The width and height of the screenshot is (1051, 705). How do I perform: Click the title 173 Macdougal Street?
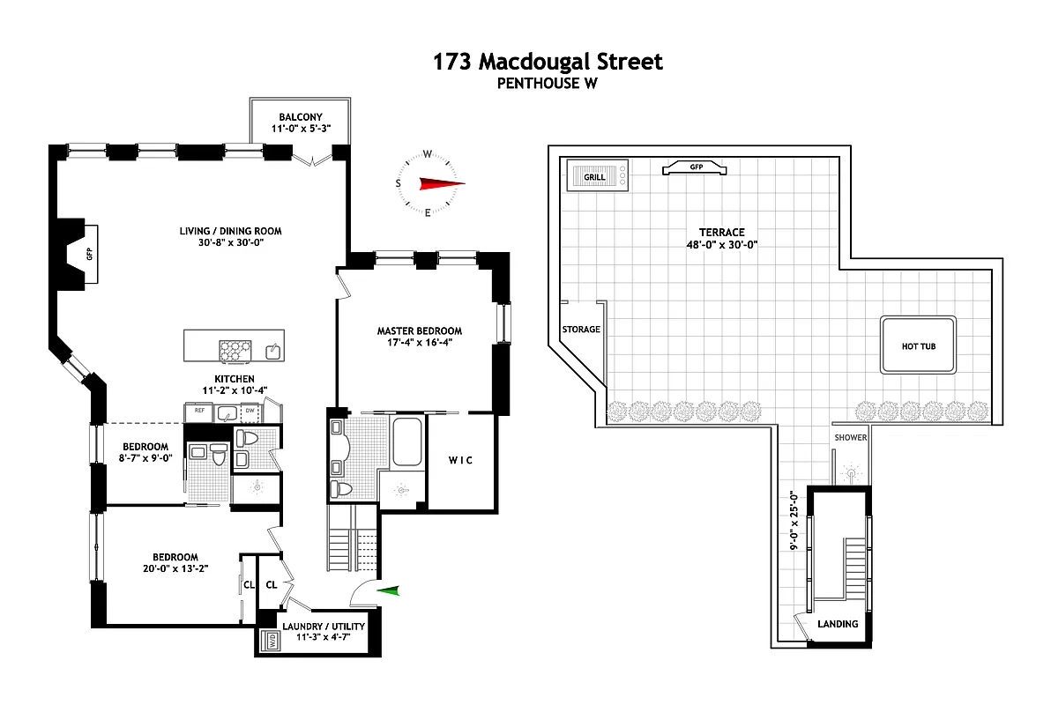pyautogui.click(x=547, y=62)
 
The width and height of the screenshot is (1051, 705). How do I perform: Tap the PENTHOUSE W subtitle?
pyautogui.click(x=547, y=84)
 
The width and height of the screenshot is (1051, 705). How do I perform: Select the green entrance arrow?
pyautogui.click(x=388, y=591)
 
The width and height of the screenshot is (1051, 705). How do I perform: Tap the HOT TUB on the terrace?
pyautogui.click(x=918, y=345)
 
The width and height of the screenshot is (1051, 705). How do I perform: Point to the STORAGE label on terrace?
pyautogui.click(x=581, y=330)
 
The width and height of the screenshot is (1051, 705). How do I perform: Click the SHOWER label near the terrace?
pyautogui.click(x=851, y=438)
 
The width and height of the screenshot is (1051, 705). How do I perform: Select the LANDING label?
pyautogui.click(x=837, y=624)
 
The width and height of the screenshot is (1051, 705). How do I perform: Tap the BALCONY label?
pyautogui.click(x=301, y=117)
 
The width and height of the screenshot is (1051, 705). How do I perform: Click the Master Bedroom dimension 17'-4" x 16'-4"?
pyautogui.click(x=420, y=344)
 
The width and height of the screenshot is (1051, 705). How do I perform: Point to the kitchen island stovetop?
pyautogui.click(x=235, y=351)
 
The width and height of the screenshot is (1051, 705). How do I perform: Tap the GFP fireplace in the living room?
pyautogui.click(x=89, y=254)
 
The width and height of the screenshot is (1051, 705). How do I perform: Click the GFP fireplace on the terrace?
pyautogui.click(x=696, y=167)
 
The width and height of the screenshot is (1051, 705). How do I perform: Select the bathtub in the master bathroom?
pyautogui.click(x=406, y=442)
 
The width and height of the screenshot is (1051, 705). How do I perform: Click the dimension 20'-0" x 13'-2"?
pyautogui.click(x=175, y=569)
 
